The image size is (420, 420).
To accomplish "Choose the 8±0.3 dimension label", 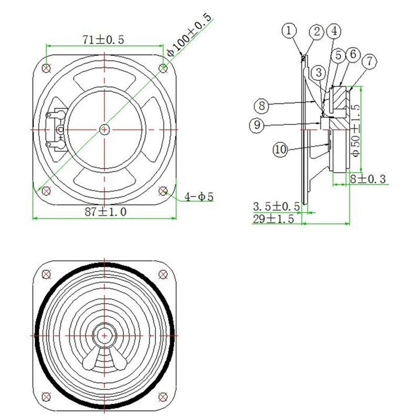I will coord(368,179).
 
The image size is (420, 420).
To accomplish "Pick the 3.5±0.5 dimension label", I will coord(276,206).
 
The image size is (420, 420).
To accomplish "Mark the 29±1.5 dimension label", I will coord(273,219).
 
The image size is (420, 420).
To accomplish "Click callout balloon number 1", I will coord(288,31).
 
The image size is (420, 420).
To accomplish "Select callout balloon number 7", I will coord(370,60).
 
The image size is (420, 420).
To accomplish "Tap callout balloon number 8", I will coord(262,106).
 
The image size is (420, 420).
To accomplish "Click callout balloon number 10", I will coord(281,149).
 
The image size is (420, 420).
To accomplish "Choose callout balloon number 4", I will coord(333,31).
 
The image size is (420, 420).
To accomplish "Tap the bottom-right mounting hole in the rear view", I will coord(163,190).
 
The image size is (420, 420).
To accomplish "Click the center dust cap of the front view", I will coord(105,334).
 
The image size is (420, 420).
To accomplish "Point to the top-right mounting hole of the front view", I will coord(163,274).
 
